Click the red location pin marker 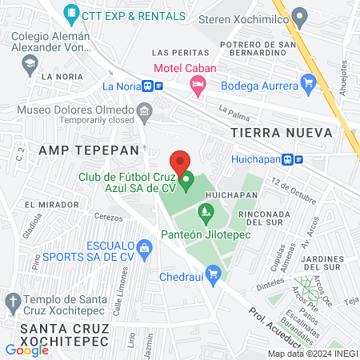tap(180, 160)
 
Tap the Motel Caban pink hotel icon tap(197, 83)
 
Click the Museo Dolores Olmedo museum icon tap(144, 110)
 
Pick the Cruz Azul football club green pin tap(187, 182)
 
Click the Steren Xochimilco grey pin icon tap(300, 15)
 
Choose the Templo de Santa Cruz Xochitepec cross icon tap(12, 302)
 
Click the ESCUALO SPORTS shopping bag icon tap(144, 248)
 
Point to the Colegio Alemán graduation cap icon tap(30, 62)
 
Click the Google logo tap(26, 349)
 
